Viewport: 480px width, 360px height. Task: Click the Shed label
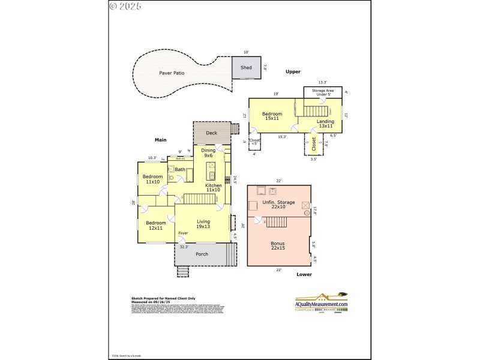coord(246,68)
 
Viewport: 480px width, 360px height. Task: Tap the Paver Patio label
coord(172,73)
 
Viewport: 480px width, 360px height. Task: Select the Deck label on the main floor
coord(211,133)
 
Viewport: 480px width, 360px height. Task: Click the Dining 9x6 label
coord(208,153)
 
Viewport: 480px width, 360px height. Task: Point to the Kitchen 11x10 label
coord(214,188)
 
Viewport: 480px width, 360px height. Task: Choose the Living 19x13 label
coord(203,224)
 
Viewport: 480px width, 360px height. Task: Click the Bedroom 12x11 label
coord(156,225)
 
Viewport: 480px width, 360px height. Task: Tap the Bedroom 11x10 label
coord(152,179)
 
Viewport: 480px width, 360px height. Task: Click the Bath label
coord(180,170)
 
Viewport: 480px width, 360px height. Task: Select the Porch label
coord(202,254)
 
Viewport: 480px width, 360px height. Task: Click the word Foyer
coord(183,233)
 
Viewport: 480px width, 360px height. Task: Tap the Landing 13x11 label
coord(325,124)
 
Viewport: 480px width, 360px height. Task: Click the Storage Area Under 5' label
coord(322,92)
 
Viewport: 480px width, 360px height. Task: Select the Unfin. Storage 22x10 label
coord(278,205)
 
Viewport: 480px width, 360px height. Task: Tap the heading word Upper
coord(293,71)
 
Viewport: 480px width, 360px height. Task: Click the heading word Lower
coord(304,274)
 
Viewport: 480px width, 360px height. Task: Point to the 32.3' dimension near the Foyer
coord(184,247)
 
